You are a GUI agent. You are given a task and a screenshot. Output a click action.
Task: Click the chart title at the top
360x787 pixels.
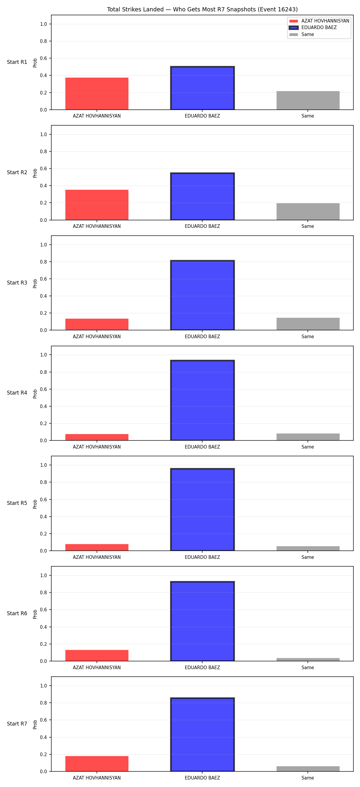202,10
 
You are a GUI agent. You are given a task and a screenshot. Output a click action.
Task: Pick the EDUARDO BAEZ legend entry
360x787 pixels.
313,28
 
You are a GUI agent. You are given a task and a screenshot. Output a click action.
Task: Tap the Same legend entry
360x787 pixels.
301,34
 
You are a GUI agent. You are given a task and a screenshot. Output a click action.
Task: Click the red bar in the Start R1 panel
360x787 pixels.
97,94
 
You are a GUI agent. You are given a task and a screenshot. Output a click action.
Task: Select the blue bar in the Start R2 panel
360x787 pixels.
202,196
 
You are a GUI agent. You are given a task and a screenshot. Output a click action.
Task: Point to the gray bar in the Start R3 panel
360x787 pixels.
308,324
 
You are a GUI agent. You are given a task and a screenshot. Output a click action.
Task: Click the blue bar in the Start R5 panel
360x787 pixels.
202,510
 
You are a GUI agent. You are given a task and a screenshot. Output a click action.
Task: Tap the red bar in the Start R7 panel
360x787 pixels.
97,764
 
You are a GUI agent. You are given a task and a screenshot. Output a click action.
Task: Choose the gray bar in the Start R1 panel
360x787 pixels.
308,100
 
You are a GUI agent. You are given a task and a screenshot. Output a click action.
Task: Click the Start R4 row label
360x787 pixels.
17,393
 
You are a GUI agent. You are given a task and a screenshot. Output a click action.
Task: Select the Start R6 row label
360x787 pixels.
17,613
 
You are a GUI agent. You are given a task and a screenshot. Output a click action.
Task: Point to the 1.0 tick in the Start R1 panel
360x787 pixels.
43,24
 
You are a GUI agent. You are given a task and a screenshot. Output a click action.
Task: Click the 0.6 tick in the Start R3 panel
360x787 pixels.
43,279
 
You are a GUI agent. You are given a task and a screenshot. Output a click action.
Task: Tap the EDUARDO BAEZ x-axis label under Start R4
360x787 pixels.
202,447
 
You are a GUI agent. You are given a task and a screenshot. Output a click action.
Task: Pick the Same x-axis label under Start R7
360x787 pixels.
308,778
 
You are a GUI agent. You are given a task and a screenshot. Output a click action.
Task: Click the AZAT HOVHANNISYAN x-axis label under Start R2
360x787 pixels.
97,226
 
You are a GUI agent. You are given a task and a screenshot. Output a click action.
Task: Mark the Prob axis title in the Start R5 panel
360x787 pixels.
35,504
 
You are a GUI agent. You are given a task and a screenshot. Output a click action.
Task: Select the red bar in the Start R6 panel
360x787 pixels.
97,656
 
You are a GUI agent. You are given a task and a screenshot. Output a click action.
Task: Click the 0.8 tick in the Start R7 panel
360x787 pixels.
43,703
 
